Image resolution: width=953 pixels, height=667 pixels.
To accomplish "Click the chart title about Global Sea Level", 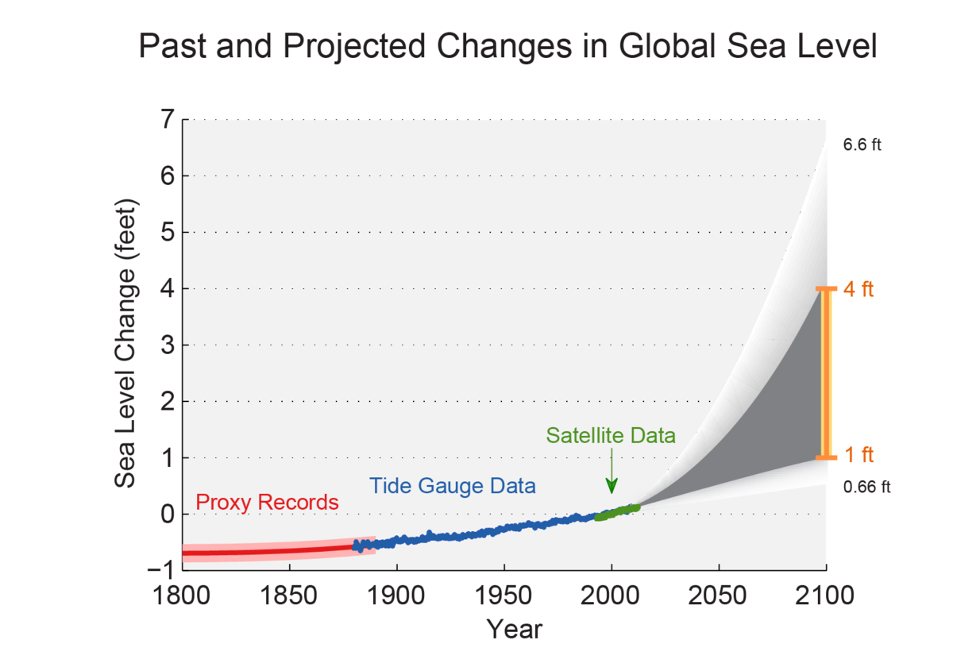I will click(507, 48).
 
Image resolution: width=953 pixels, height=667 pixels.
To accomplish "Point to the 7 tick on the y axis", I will click(166, 120).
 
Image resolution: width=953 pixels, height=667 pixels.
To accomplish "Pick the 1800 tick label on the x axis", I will click(182, 596).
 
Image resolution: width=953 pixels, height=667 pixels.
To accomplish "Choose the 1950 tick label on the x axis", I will click(504, 596).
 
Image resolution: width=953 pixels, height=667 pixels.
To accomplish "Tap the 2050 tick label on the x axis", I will click(719, 596).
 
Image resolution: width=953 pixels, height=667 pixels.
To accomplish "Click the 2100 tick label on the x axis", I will click(826, 596).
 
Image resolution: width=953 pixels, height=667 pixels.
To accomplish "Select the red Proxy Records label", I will click(267, 503).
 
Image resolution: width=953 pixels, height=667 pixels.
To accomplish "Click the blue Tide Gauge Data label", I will click(452, 486).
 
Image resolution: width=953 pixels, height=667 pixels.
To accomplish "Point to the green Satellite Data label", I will click(611, 436).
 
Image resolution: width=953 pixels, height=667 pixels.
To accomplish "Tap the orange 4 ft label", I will click(858, 289).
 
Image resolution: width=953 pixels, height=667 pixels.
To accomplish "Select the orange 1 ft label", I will click(858, 456).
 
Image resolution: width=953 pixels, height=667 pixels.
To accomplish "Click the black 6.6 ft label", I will click(862, 145).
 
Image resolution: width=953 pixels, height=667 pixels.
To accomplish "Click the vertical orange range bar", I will click(826, 373).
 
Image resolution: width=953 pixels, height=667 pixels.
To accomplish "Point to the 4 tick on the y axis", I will click(166, 289).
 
